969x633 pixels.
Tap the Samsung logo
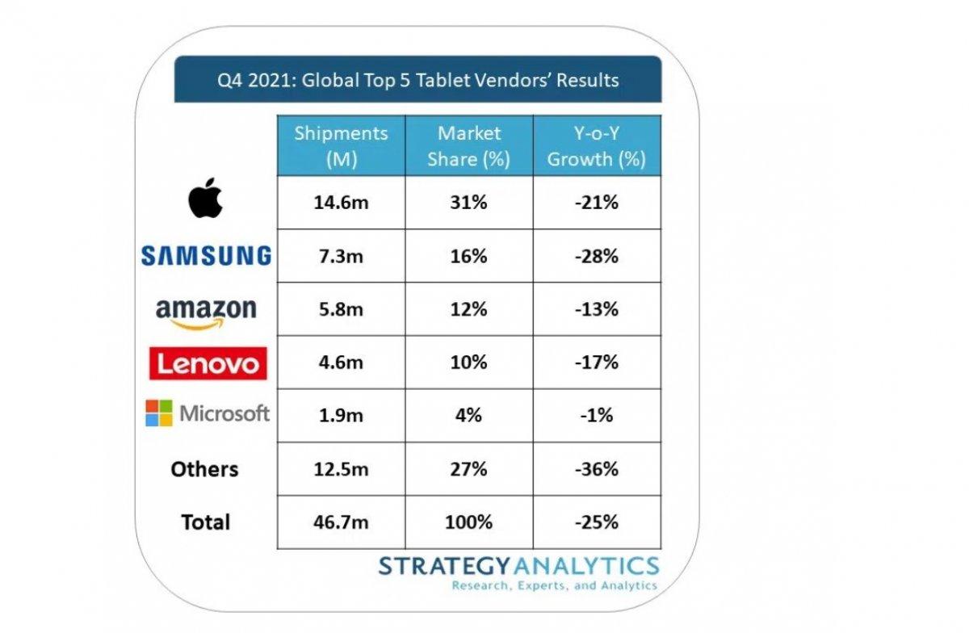coord(206,256)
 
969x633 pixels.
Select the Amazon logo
coord(206,312)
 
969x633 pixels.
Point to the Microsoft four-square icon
coord(159,414)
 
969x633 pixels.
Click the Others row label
coord(205,469)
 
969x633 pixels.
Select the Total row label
coord(205,522)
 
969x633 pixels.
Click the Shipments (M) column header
coord(341,146)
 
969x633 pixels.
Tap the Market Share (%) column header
coord(468,146)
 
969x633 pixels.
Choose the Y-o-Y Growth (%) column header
coord(596,146)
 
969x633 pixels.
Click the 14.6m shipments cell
coord(341,203)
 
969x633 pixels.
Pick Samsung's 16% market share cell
coord(468,256)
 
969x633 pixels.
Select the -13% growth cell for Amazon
coord(596,309)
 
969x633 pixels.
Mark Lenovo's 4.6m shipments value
coord(341,363)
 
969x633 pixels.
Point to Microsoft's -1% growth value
coord(596,416)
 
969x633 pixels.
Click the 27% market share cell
coord(468,469)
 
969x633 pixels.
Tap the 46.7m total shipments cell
coord(341,522)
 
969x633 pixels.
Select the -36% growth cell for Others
coord(596,469)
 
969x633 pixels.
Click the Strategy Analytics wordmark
coord(518,565)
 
